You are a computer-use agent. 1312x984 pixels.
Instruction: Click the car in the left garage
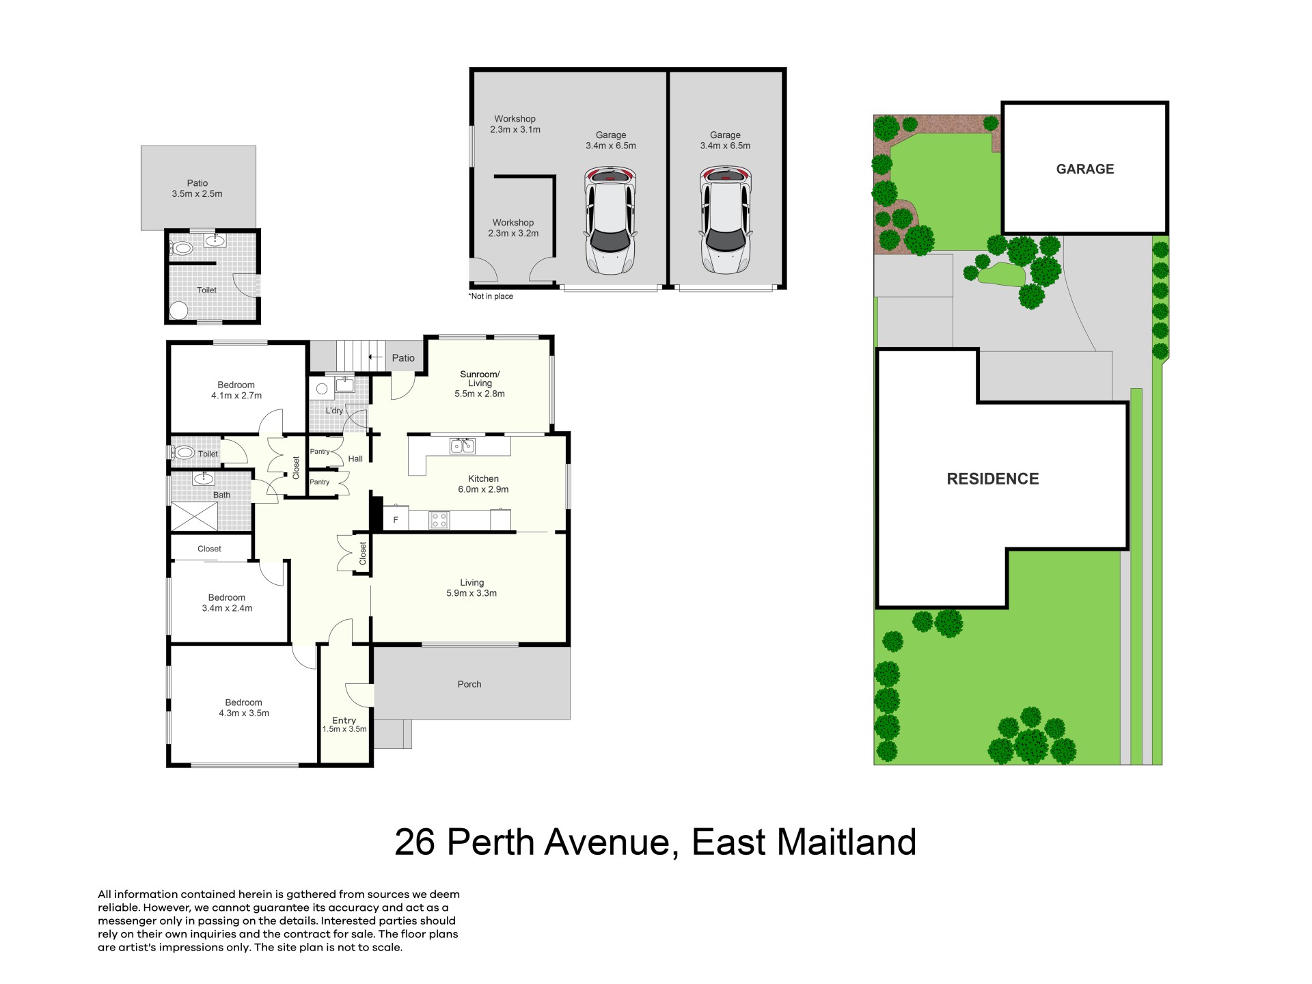[x=610, y=220]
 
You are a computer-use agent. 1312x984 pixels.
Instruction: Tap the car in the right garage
[x=726, y=220]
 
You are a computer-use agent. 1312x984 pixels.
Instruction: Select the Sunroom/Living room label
[x=480, y=383]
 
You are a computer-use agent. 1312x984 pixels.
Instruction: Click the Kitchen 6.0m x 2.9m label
[x=483, y=484]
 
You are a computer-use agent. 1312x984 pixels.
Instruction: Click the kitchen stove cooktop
[x=439, y=520]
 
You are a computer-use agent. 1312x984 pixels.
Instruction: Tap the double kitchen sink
[x=463, y=446]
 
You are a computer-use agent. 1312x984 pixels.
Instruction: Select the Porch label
[x=469, y=684]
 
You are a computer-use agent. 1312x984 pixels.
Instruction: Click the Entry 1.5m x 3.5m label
[x=344, y=724]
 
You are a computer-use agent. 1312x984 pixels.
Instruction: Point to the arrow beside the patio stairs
[x=375, y=357]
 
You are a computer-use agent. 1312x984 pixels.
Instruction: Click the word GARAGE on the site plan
[x=1085, y=169]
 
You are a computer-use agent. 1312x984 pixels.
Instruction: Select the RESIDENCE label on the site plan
[x=993, y=479]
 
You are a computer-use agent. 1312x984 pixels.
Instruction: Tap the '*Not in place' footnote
[x=491, y=296]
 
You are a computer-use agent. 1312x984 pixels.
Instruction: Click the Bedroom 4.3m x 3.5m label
[x=244, y=707]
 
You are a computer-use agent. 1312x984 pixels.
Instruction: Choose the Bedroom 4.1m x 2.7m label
[x=236, y=390]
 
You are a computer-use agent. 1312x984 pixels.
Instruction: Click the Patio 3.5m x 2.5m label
[x=197, y=188]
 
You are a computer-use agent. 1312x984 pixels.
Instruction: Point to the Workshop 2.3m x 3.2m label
[x=513, y=228]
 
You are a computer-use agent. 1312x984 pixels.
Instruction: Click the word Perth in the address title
[x=490, y=842]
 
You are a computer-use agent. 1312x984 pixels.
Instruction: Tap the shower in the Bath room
[x=194, y=517]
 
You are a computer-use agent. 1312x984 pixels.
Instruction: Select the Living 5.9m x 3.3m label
[x=471, y=588]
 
